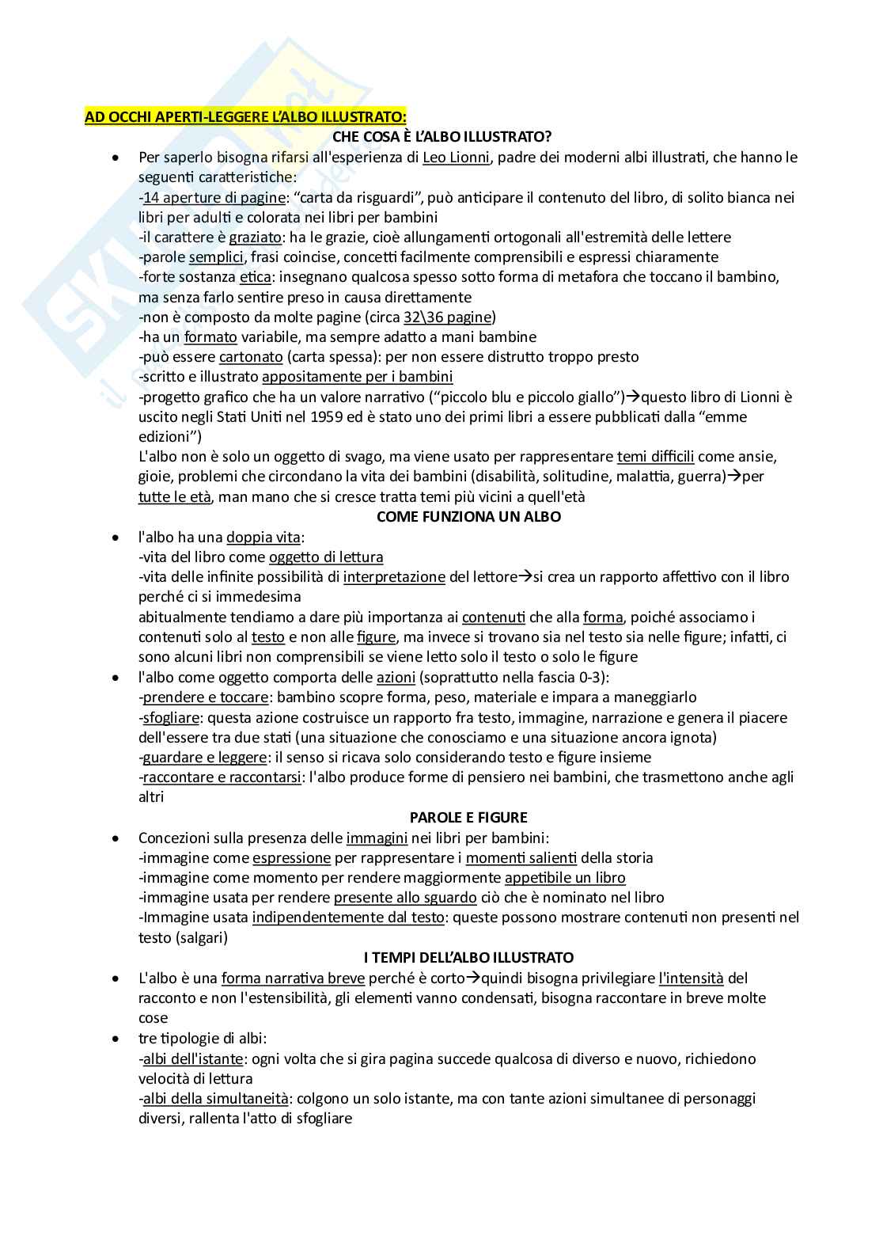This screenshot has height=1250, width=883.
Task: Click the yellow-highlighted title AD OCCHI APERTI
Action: pos(245,117)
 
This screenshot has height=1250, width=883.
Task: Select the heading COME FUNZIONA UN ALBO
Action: pos(468,517)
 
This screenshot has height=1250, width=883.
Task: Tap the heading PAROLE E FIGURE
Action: pos(468,817)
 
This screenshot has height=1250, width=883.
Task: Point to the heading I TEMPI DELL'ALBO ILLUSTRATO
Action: pos(468,958)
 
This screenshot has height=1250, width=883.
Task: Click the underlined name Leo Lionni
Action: pos(457,157)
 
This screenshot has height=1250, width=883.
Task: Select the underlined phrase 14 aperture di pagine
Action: pos(214,197)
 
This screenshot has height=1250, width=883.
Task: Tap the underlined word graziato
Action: pos(255,237)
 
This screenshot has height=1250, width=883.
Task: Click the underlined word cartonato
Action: pos(251,357)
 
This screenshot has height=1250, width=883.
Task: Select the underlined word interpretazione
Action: pos(394,577)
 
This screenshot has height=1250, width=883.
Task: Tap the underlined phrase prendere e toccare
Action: pos(206,697)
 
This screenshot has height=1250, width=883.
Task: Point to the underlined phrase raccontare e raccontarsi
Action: pos(222,777)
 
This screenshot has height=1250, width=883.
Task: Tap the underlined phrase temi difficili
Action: pos(655,457)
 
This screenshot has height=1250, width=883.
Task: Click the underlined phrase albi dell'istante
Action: pos(192,1059)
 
